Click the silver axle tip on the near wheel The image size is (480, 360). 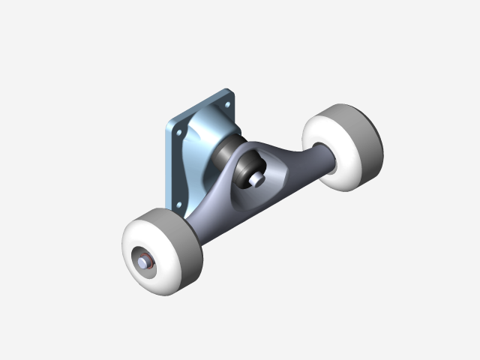pyautogui.click(x=142, y=263)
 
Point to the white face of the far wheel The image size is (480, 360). pyautogui.click(x=330, y=154)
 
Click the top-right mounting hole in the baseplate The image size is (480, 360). pyautogui.click(x=227, y=102)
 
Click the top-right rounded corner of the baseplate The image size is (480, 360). pyautogui.click(x=232, y=92)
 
